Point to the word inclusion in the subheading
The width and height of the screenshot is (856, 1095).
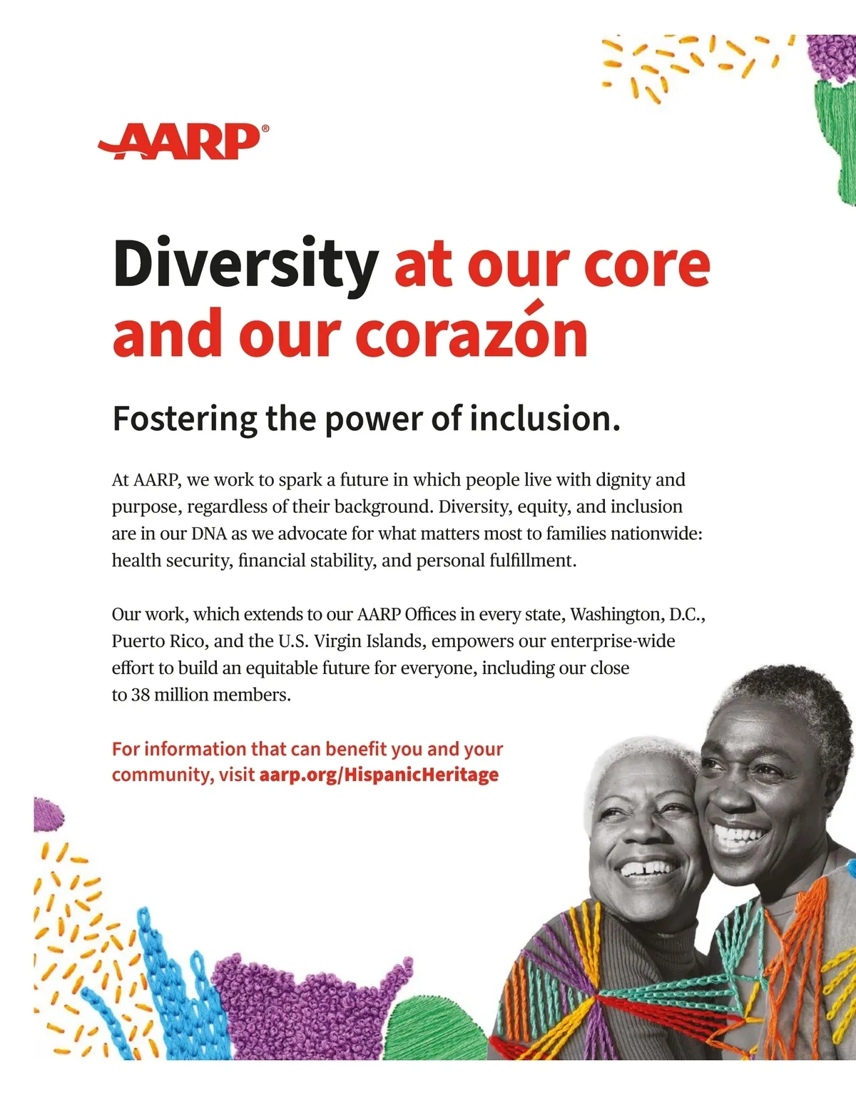pyautogui.click(x=544, y=418)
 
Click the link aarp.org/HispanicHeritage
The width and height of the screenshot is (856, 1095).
pyautogui.click(x=379, y=775)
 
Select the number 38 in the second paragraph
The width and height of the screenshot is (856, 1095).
pyautogui.click(x=140, y=695)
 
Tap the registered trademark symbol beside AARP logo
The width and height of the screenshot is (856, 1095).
pyautogui.click(x=265, y=128)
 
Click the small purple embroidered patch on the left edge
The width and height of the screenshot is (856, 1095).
pyautogui.click(x=49, y=815)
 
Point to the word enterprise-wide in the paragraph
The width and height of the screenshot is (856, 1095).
pyautogui.click(x=613, y=641)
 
